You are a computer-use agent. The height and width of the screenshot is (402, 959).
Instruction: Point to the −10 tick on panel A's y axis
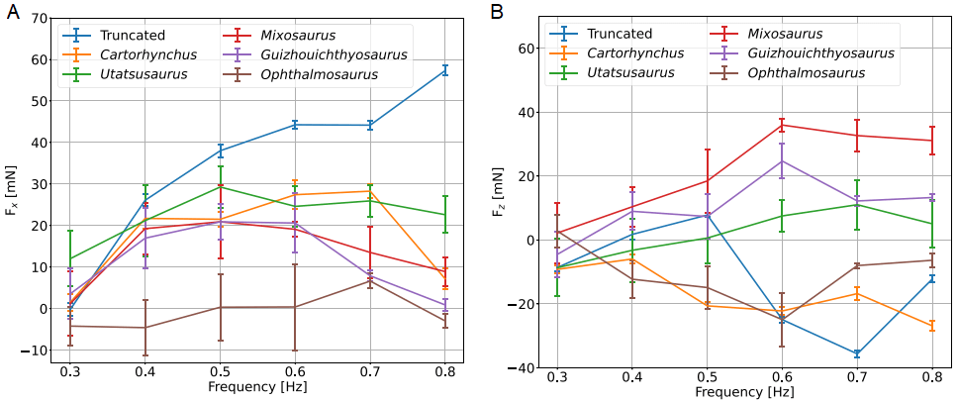point(36,351)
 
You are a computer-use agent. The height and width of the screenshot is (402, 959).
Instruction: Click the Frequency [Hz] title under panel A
point(257,387)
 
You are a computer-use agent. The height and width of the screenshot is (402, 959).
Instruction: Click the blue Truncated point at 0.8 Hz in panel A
point(445,70)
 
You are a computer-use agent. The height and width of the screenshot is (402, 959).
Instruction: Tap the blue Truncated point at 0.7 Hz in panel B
point(856,353)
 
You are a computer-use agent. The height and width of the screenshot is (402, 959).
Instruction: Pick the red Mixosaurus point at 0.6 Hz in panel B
point(782,125)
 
